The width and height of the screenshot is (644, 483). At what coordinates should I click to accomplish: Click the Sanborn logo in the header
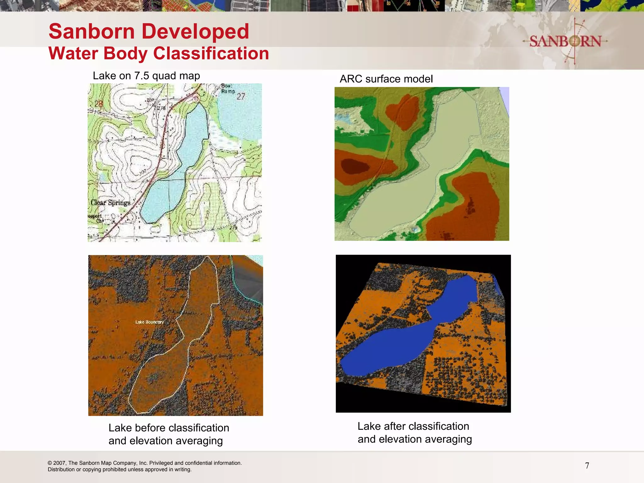565,41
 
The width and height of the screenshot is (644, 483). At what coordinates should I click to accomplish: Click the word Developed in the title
195,32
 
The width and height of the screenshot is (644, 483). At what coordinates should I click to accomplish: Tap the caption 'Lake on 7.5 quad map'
146,76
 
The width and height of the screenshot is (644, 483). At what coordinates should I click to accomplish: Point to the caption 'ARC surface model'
386,79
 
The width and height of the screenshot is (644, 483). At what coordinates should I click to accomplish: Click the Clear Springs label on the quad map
110,203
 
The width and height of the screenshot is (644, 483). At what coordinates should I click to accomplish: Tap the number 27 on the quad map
241,97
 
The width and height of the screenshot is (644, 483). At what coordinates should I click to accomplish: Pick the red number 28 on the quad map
99,104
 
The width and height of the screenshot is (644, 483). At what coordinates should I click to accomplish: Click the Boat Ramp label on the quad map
228,88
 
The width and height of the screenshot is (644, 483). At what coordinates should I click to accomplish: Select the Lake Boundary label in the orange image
149,322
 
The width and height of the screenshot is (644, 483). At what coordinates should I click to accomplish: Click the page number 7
587,466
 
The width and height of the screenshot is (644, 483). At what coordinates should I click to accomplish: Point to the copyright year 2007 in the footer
59,463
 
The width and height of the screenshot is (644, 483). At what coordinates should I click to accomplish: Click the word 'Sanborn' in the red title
92,32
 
